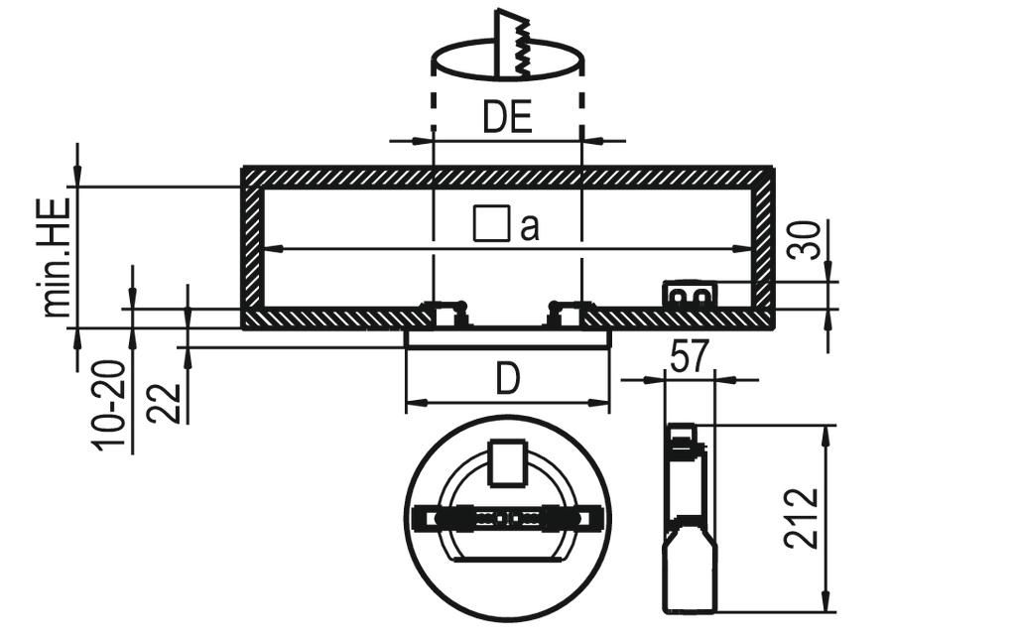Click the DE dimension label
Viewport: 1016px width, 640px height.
coord(507,117)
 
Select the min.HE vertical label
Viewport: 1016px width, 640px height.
coord(57,257)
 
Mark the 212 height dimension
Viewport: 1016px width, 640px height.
coord(802,518)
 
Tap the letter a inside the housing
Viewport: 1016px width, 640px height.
coord(530,227)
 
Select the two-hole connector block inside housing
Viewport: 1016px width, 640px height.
coord(690,295)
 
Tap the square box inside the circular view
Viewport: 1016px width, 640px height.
coord(508,462)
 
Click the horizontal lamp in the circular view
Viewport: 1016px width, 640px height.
coord(508,518)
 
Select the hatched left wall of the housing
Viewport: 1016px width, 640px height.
coord(252,248)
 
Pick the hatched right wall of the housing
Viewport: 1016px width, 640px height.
coord(763,248)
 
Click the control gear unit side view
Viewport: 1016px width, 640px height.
coord(690,518)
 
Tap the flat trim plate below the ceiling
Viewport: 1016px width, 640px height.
coord(508,337)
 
